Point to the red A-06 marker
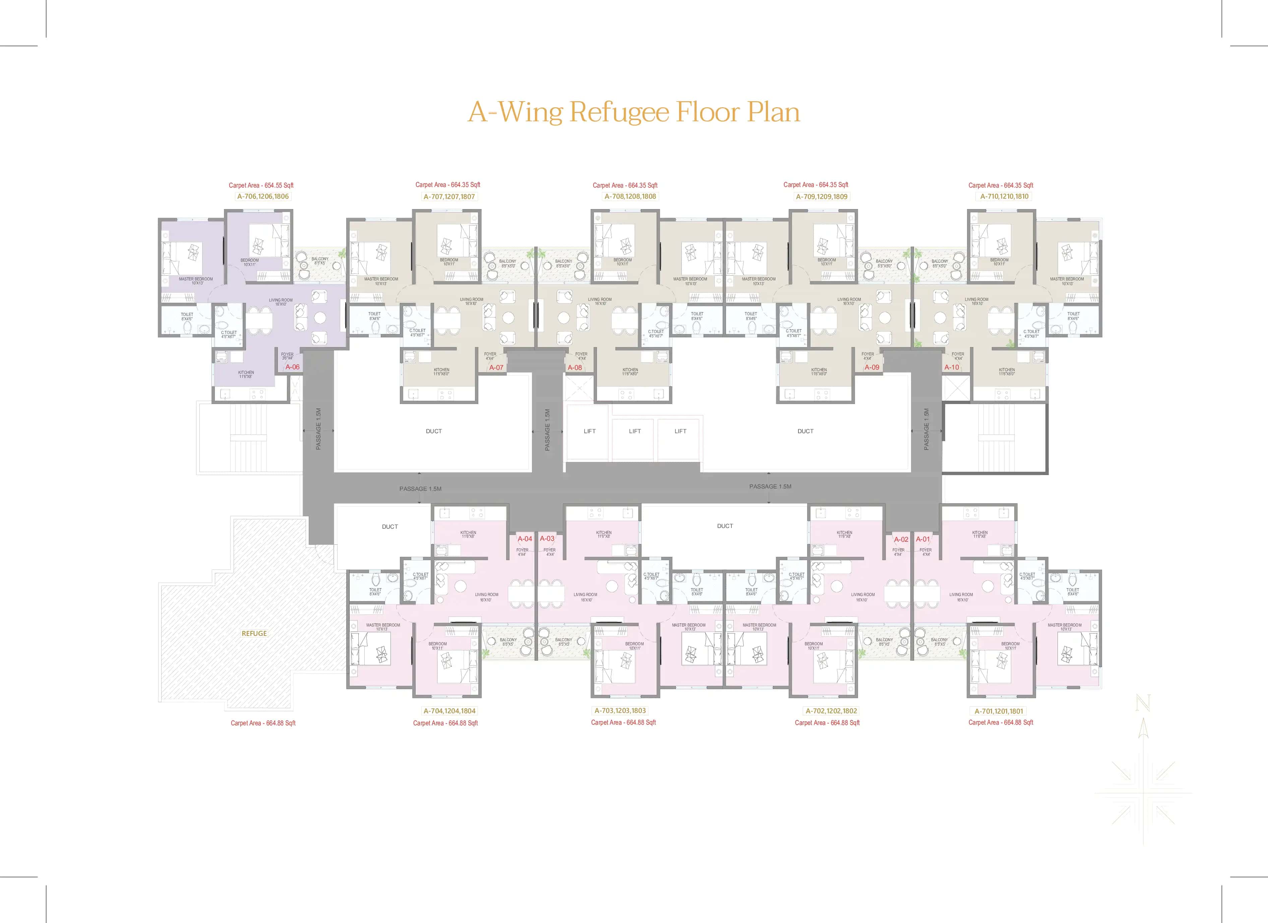tap(292, 367)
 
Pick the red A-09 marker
tap(871, 367)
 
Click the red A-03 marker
tap(547, 539)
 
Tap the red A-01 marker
tap(922, 539)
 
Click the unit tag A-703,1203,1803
tap(620, 711)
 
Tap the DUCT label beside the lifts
tap(805, 431)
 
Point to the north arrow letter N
tap(1143, 704)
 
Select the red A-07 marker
tap(496, 368)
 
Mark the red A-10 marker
tap(952, 367)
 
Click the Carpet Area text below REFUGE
tap(263, 723)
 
